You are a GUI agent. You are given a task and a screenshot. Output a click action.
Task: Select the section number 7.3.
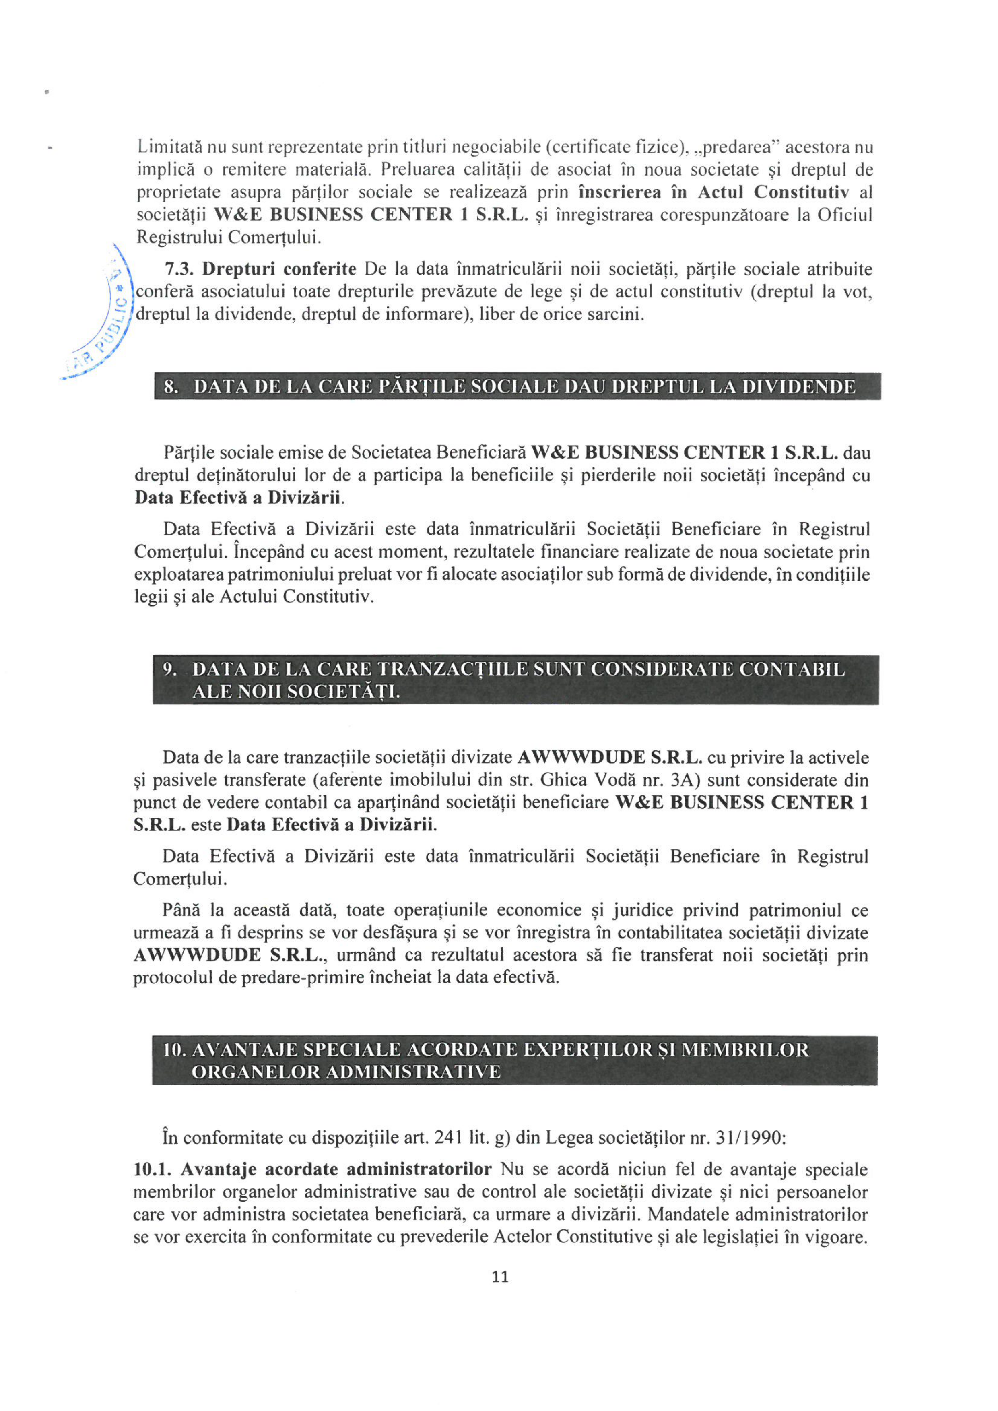click(x=179, y=269)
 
